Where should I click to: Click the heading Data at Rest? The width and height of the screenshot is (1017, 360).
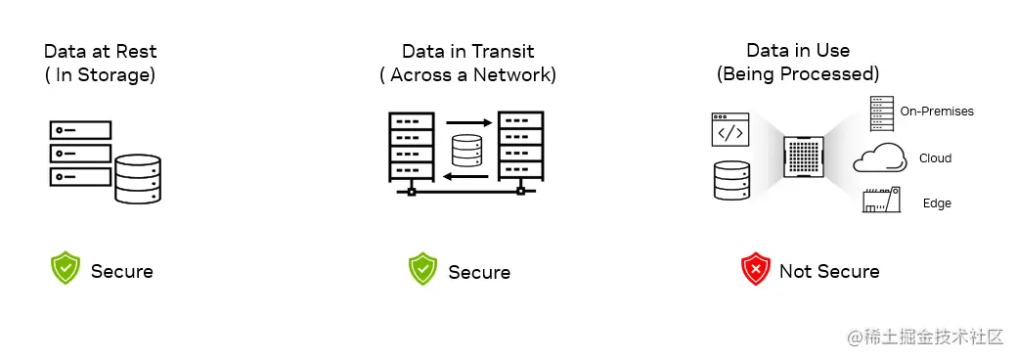click(x=100, y=51)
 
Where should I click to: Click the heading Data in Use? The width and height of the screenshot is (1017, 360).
click(x=798, y=51)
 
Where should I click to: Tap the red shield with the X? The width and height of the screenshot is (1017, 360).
click(x=756, y=270)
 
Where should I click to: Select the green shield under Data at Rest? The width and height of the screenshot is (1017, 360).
click(x=66, y=269)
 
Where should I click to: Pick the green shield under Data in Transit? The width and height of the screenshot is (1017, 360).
click(x=422, y=269)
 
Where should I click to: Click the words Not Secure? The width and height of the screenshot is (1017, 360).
click(x=829, y=272)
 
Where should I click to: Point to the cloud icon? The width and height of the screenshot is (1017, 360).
click(x=880, y=157)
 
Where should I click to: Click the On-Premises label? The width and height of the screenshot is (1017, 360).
click(x=937, y=112)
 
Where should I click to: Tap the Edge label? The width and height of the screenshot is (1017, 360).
click(x=937, y=203)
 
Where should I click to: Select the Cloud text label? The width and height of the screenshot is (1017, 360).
click(x=935, y=158)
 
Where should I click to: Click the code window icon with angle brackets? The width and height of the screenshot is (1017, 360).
click(x=730, y=131)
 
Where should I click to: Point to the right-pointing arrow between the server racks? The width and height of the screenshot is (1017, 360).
click(x=465, y=123)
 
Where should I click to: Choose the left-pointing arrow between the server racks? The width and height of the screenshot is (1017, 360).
click(x=465, y=176)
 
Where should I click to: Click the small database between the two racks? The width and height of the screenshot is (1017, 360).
click(x=466, y=150)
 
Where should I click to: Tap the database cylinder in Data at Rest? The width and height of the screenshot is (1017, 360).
click(x=137, y=179)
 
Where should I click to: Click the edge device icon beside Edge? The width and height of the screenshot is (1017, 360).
click(x=880, y=202)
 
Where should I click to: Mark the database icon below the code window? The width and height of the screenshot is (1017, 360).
click(x=730, y=181)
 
